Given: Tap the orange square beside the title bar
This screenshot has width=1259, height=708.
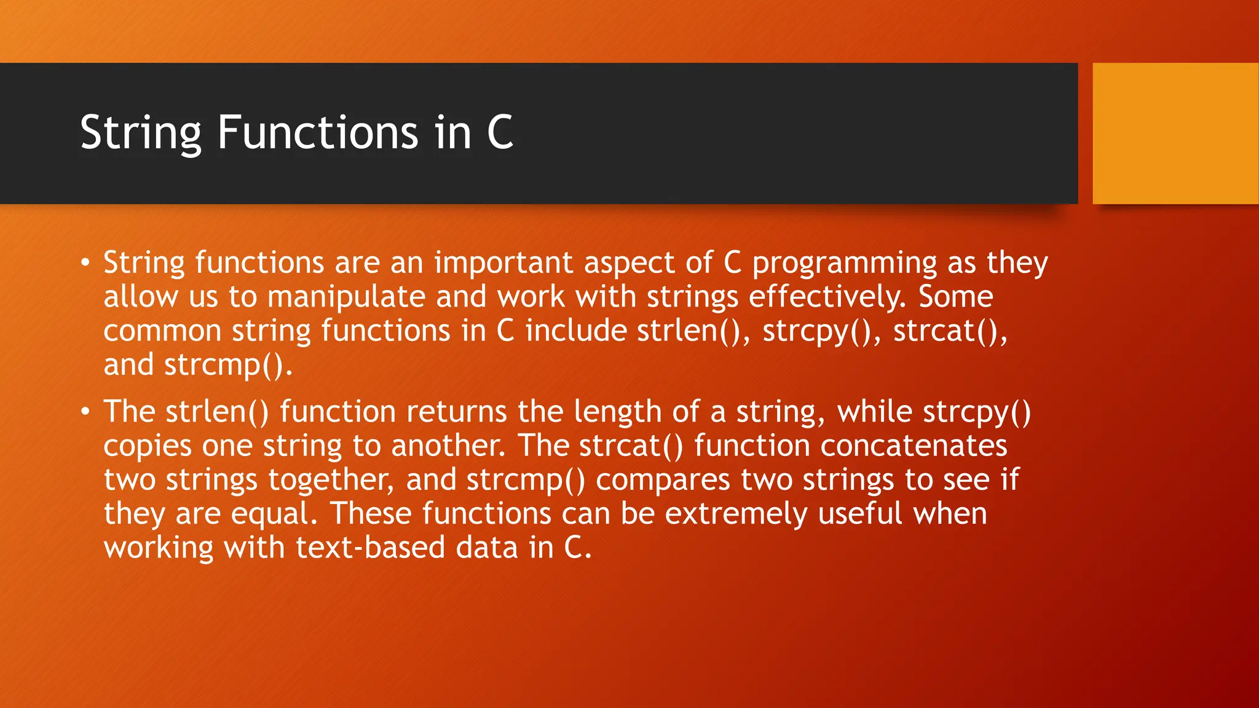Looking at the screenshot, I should point(1175,133).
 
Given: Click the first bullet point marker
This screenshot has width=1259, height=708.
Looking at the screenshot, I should point(85,264).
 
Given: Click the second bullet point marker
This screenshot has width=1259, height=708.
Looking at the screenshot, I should point(85,412).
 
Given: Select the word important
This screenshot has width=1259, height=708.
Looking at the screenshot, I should point(503,263).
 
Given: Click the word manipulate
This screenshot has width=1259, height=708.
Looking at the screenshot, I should point(346,297).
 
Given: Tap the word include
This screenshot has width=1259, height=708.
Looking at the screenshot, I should point(576,331).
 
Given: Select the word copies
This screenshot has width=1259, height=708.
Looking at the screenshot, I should point(147,446).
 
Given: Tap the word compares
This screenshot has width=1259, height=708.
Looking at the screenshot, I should point(663,480).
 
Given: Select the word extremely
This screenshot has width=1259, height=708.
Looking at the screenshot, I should point(736,514).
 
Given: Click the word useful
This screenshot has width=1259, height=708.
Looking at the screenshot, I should point(859,513).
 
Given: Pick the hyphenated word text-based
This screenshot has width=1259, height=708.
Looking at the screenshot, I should point(370,548).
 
